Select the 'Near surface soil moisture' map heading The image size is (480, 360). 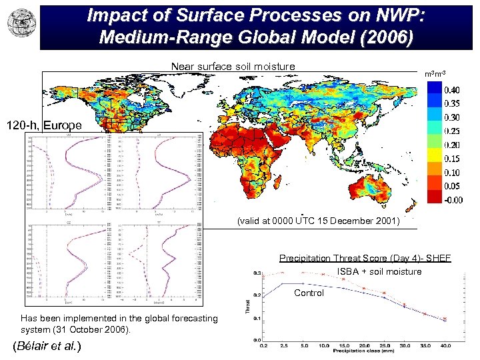[233, 66]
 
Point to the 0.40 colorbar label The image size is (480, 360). [451, 89]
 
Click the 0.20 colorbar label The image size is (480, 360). [451, 145]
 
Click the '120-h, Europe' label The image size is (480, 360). [45, 125]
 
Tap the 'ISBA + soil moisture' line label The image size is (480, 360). [379, 271]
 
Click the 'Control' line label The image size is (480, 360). [309, 293]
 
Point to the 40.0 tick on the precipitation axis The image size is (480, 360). [445, 345]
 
